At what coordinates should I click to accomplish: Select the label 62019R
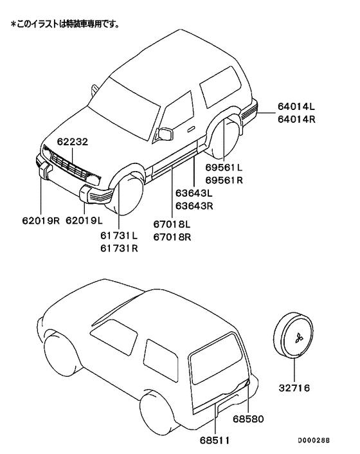coord(39,220)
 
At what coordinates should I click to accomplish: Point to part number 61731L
coord(119,235)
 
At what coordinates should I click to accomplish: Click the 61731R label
coord(119,248)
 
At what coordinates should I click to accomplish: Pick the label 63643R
coord(194,206)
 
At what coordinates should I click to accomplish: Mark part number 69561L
coord(224,167)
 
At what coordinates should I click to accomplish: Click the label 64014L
coord(297,106)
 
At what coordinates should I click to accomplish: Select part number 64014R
coord(297,119)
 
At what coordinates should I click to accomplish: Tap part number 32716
coord(294,388)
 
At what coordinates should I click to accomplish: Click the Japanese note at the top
coord(64,24)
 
